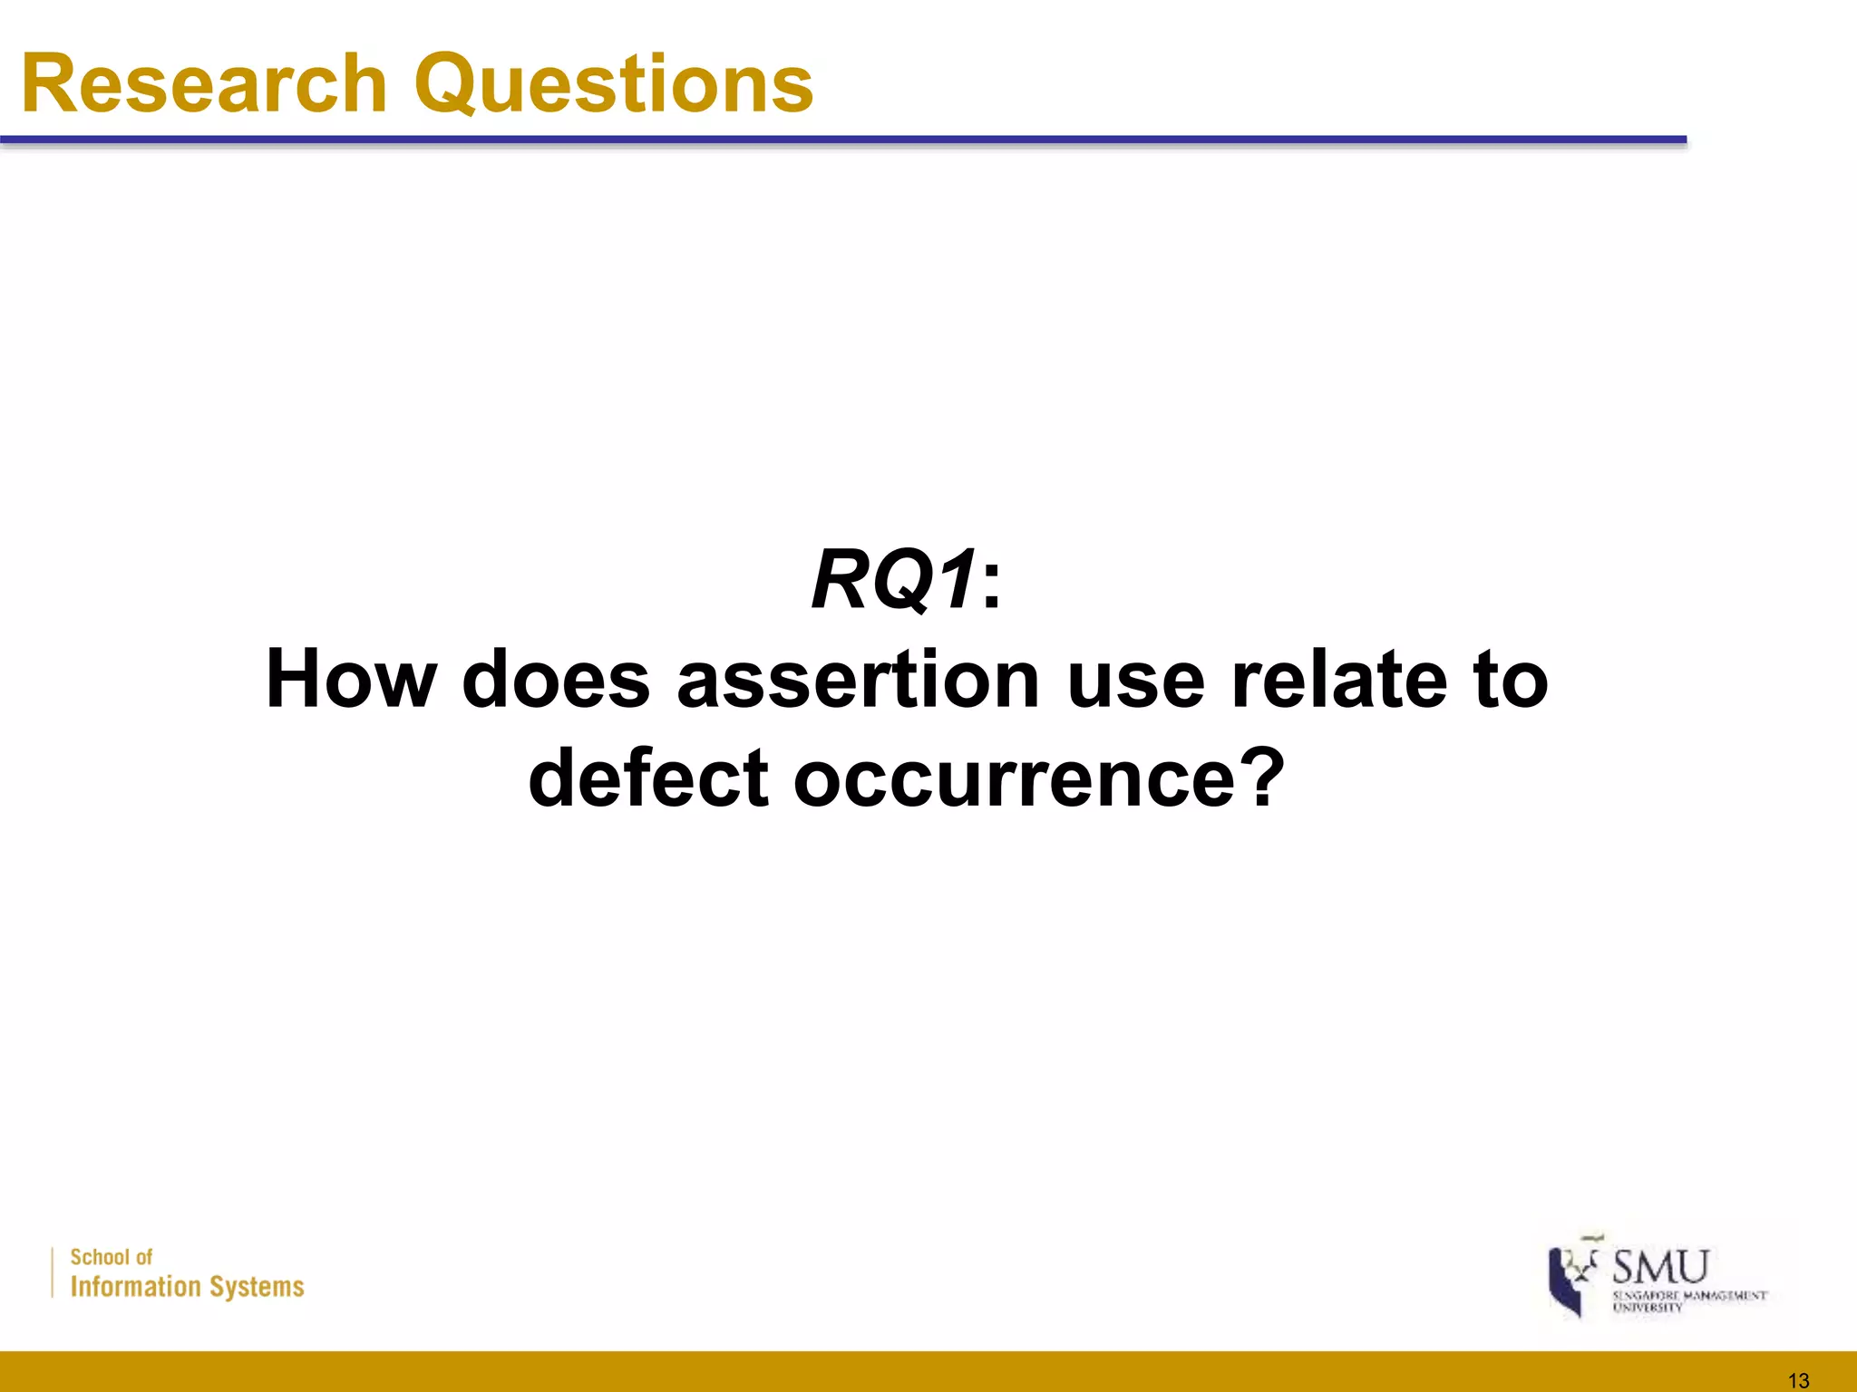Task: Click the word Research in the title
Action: pos(205,83)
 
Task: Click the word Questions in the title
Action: pos(614,85)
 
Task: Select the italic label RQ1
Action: pos(894,580)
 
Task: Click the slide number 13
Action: pos(1798,1380)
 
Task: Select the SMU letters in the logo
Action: pos(1660,1266)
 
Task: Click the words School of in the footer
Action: pos(112,1257)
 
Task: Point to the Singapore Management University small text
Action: pos(1688,1300)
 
